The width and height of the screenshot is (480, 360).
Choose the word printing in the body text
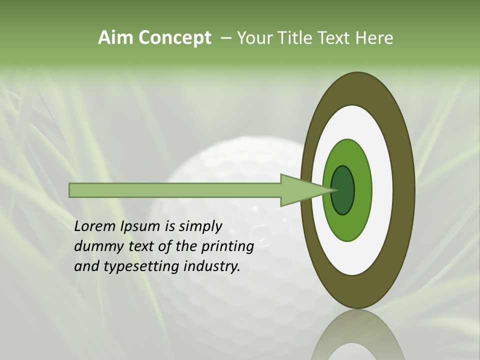(227, 247)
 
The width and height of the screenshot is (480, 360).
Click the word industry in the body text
(212, 266)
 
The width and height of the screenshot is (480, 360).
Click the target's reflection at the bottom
(357, 340)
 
